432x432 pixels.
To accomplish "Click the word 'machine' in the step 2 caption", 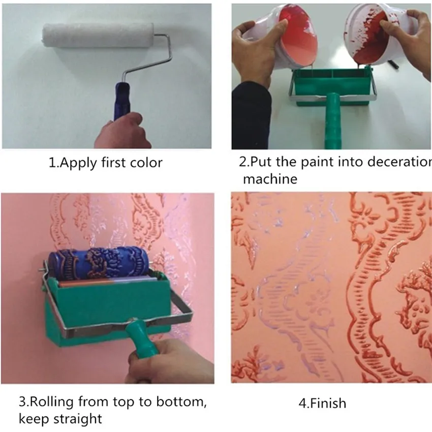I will coord(270,179).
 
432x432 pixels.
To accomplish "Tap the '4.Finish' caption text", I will coord(322,404).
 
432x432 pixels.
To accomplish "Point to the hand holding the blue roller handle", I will coord(122,132).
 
